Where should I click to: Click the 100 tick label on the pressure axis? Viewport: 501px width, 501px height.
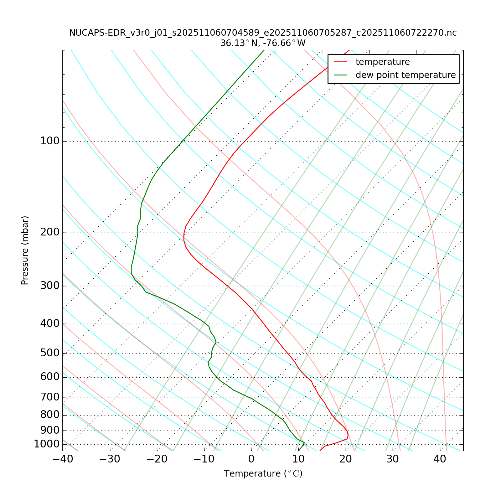point(50,141)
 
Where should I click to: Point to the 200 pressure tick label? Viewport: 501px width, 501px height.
point(50,233)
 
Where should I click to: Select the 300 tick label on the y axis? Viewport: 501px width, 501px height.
point(50,286)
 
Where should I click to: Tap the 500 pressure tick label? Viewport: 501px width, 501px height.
point(50,353)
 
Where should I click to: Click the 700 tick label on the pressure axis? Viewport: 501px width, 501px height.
point(50,398)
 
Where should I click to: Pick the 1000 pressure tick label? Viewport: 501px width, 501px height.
point(47,444)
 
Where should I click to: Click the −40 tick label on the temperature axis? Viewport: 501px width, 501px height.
point(63,459)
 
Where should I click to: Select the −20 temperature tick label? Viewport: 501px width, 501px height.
point(157,459)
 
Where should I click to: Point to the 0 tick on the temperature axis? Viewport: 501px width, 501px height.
point(251,459)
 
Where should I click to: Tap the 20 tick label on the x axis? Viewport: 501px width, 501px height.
point(345,459)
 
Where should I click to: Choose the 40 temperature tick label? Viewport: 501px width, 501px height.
point(440,459)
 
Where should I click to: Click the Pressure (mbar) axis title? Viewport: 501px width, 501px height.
point(25,250)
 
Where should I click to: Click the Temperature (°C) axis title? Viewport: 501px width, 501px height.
point(263,474)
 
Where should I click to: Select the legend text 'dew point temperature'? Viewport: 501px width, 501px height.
point(405,75)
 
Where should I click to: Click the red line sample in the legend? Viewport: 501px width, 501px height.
point(341,62)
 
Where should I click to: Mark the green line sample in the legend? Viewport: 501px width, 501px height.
point(341,75)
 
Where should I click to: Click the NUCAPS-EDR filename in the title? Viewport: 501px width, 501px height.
point(263,33)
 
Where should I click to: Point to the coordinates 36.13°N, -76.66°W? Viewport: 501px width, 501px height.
point(263,43)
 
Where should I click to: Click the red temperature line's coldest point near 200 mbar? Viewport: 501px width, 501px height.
point(184,237)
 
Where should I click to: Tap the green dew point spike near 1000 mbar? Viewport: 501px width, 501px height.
point(304,442)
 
